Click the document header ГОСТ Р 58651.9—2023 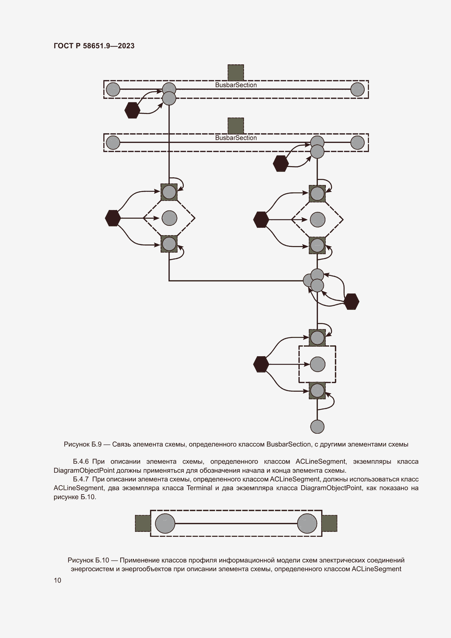[x=94, y=46]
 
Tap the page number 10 [x=58, y=580]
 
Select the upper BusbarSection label [x=236, y=85]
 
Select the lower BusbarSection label [x=236, y=138]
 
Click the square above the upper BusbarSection [x=236, y=73]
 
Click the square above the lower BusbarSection [x=236, y=125]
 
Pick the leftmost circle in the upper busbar [x=113, y=89]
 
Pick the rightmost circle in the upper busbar [x=357, y=89]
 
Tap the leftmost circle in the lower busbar [x=113, y=143]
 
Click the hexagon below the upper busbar [x=132, y=110]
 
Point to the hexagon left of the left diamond [x=113, y=218]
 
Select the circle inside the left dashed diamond [x=169, y=218]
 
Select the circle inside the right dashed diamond [x=317, y=220]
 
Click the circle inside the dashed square [x=317, y=364]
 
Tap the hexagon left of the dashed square [x=261, y=364]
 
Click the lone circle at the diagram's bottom [x=317, y=427]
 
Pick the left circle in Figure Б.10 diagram [x=165, y=523]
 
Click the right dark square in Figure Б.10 [x=329, y=523]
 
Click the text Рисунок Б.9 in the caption [x=82, y=444]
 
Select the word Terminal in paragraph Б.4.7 [x=199, y=488]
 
